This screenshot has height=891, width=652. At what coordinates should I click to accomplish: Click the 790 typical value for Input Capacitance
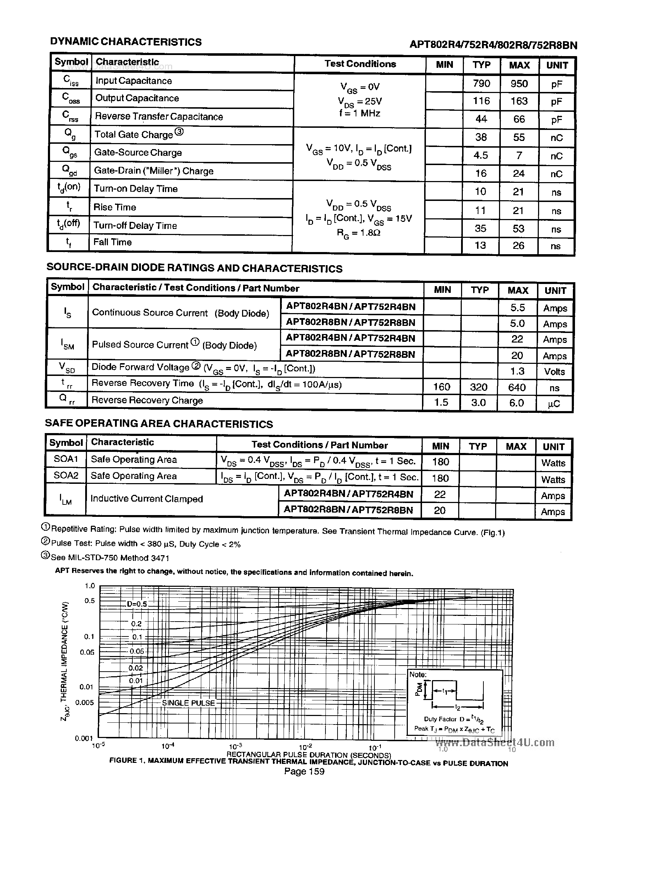click(481, 84)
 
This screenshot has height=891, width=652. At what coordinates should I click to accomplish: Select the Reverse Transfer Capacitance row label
click(159, 116)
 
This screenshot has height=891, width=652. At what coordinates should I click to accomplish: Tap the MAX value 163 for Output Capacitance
click(519, 101)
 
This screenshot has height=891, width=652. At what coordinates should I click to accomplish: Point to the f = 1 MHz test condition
click(359, 114)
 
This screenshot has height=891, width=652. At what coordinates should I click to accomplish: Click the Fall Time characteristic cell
click(113, 242)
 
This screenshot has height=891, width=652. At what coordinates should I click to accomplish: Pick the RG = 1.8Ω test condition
click(358, 233)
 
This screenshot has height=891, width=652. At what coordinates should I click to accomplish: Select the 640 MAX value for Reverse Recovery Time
click(517, 387)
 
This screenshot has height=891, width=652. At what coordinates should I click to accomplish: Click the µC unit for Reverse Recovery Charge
click(554, 404)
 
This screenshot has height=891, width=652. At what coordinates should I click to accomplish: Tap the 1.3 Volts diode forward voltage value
click(517, 371)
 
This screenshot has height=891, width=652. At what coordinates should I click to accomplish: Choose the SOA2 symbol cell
click(66, 476)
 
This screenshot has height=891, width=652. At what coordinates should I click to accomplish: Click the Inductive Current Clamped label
click(147, 499)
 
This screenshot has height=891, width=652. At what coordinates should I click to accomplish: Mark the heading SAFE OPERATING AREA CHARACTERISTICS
click(159, 423)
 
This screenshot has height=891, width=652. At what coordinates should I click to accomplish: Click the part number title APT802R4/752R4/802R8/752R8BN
click(493, 45)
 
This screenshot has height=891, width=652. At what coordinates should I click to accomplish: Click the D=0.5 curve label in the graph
click(137, 604)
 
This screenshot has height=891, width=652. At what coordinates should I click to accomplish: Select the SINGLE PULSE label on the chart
click(188, 703)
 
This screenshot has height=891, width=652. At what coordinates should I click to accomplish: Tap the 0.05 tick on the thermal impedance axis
click(87, 652)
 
